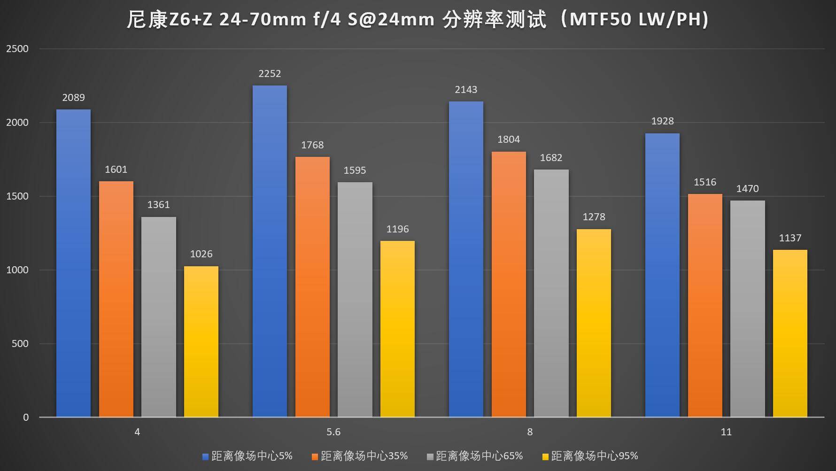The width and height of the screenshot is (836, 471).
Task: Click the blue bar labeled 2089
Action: click(73, 263)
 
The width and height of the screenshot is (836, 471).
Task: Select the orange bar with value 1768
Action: click(312, 286)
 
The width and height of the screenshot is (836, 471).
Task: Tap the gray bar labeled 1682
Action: click(551, 293)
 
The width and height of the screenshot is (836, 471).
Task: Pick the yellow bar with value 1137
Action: click(790, 333)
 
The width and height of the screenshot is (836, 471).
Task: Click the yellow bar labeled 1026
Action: click(201, 341)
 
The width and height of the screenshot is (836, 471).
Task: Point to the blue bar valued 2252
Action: click(270, 251)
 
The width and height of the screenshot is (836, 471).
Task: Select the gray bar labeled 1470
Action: click(747, 309)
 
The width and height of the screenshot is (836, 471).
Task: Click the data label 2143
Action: click(466, 90)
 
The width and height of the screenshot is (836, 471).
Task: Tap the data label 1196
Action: click(397, 229)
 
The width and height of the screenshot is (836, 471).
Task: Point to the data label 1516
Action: click(705, 182)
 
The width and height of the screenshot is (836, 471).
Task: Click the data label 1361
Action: click(158, 205)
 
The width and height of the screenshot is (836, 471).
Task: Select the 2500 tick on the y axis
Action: click(17, 49)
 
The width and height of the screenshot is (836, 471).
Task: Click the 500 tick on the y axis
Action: click(20, 344)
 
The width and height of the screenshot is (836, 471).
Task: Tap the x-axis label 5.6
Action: click(333, 432)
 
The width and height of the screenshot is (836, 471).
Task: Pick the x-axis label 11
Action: click(726, 432)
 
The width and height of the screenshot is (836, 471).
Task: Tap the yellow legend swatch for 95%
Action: click(545, 456)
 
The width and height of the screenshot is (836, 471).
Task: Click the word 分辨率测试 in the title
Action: click(495, 20)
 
